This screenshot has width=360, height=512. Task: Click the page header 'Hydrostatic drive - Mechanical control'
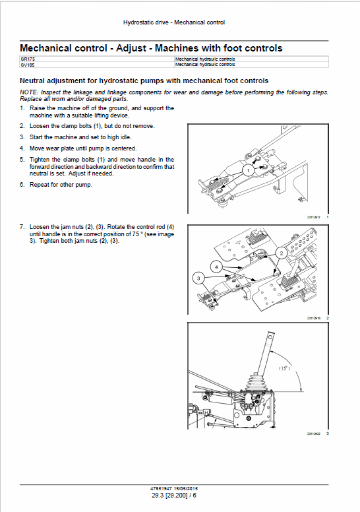coord(174,22)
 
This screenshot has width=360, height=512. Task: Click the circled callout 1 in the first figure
coord(247,170)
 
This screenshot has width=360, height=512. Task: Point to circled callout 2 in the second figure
coord(280,253)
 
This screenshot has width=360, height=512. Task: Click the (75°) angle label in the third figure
coord(285,368)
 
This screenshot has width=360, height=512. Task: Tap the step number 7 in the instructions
coord(22,226)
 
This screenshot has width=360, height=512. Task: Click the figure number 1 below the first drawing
coord(328,217)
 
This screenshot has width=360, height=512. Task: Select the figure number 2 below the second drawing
coord(328,318)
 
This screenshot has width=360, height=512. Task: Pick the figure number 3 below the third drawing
coord(328,433)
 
